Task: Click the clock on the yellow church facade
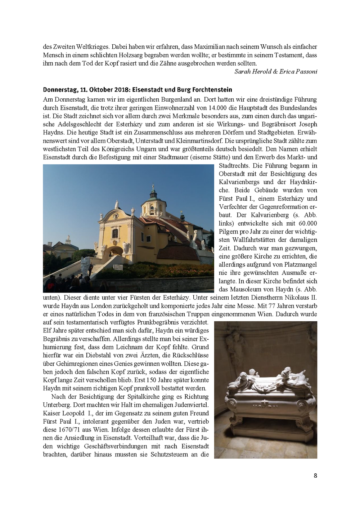[x=116, y=216]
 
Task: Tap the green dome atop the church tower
[x=153, y=195]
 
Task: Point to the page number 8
[x=315, y=475]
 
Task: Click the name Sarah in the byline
[x=243, y=71]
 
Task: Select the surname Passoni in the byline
[x=306, y=71]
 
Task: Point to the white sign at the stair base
[x=85, y=265]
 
